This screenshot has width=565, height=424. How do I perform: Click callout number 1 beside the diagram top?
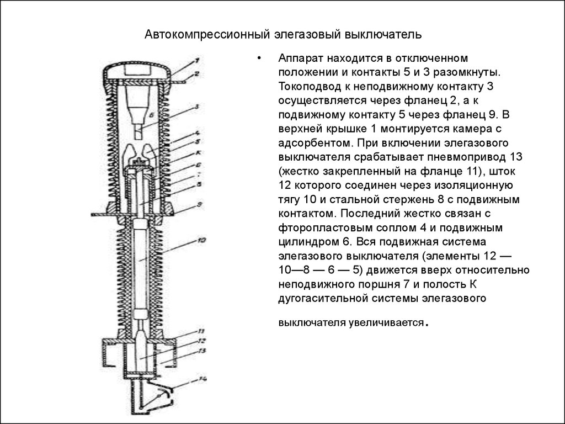tap(197, 60)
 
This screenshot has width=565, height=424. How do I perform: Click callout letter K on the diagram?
tap(197, 152)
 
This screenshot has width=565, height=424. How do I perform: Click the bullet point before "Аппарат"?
tap(258, 58)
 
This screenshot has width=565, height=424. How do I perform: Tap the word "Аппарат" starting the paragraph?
tap(298, 58)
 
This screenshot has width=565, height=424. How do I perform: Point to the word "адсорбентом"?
tap(311, 144)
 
